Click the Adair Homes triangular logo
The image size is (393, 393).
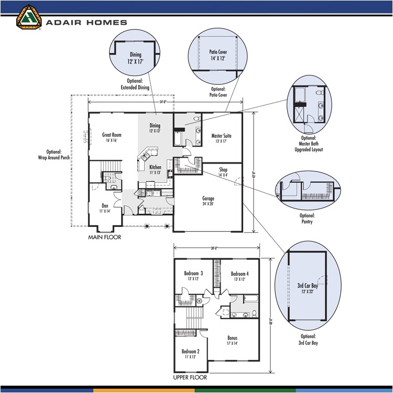point(29,17)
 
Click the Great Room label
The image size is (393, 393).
point(112,138)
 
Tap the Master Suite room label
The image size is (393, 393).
point(221,138)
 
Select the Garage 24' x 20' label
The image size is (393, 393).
point(208,201)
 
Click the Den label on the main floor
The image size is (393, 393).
point(105,209)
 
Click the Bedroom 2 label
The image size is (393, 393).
point(190,354)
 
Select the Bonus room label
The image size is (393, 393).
point(232,341)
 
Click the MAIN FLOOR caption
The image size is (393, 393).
point(104,237)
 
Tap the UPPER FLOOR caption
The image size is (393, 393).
point(190,377)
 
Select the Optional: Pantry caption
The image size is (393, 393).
point(307,219)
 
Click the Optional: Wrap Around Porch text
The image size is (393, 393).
point(54,154)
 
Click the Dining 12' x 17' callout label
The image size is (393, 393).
point(135,58)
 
